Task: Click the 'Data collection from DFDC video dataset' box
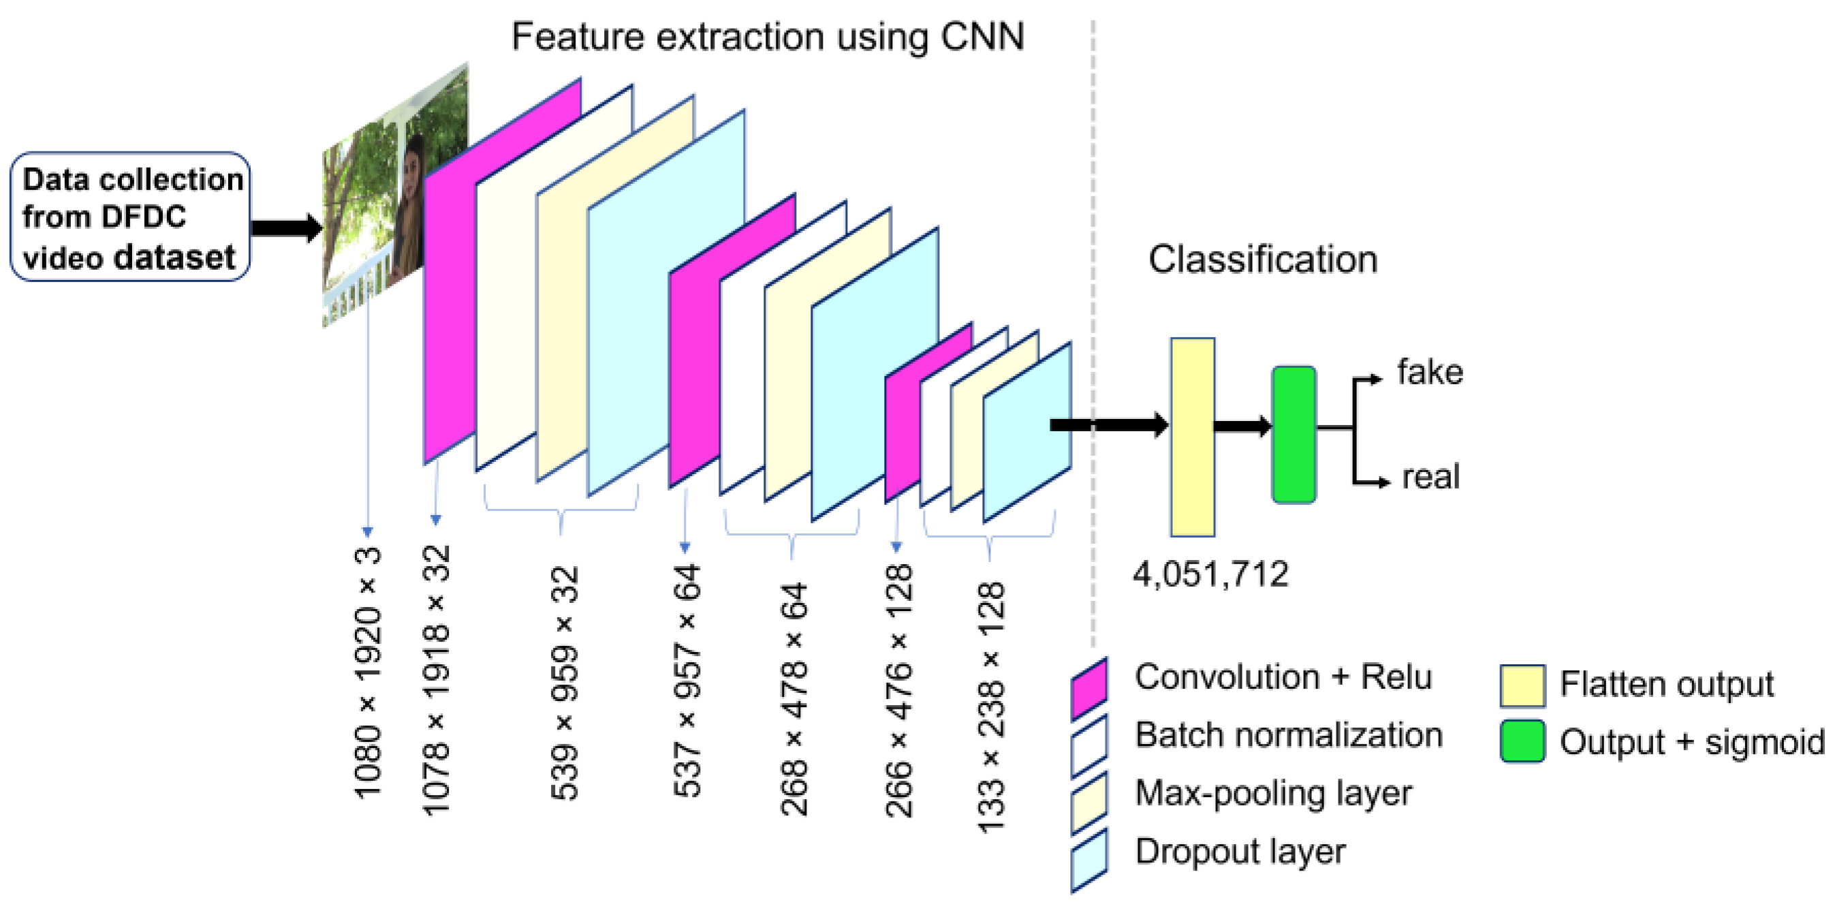pyautogui.click(x=129, y=217)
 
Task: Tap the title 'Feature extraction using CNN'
pyautogui.click(x=767, y=36)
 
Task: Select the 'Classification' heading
pyautogui.click(x=1262, y=260)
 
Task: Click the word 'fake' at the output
pyautogui.click(x=1430, y=372)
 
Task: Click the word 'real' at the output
pyautogui.click(x=1430, y=477)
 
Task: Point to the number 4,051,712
pyautogui.click(x=1210, y=574)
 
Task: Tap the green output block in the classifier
pyautogui.click(x=1293, y=435)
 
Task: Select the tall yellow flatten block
pyautogui.click(x=1193, y=437)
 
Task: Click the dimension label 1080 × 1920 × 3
pyautogui.click(x=368, y=673)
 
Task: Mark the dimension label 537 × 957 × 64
pyautogui.click(x=687, y=681)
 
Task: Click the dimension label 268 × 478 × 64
pyautogui.click(x=794, y=698)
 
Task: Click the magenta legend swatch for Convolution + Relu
pyautogui.click(x=1089, y=688)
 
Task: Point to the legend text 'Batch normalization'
pyautogui.click(x=1288, y=735)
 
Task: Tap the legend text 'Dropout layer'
pyautogui.click(x=1240, y=852)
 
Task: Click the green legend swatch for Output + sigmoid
pyautogui.click(x=1522, y=742)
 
